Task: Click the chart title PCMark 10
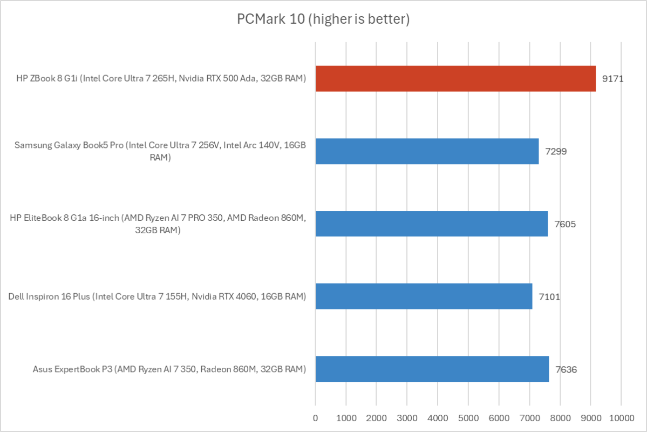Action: click(323, 19)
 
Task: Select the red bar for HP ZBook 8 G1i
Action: click(455, 78)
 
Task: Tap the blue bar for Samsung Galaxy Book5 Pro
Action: click(427, 151)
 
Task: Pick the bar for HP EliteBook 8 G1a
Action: click(432, 224)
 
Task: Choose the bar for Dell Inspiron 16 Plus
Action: click(424, 296)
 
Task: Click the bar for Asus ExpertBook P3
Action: click(432, 369)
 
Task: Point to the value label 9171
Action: click(613, 79)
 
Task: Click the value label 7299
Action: click(556, 151)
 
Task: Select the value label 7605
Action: click(565, 224)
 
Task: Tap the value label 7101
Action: click(549, 296)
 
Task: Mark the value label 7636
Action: click(566, 369)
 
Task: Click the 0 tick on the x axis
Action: click(316, 417)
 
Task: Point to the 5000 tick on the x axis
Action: click(468, 417)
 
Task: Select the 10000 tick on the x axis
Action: click(621, 417)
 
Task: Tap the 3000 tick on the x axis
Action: click(407, 417)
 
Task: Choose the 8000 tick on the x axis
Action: click(560, 417)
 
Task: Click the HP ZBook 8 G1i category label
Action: click(161, 79)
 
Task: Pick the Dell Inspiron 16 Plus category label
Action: click(158, 296)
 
